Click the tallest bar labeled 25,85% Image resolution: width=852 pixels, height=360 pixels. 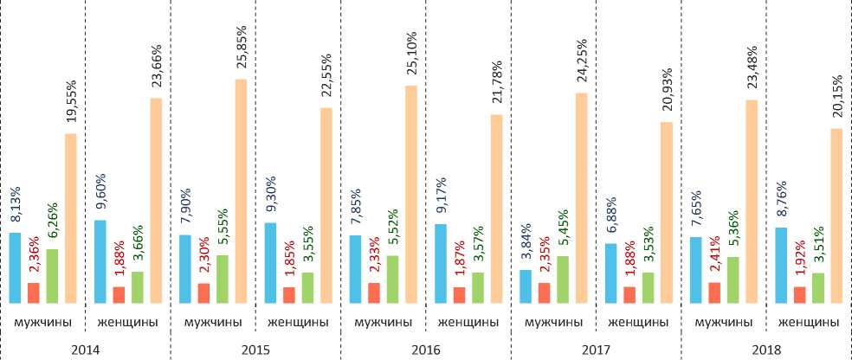[241, 191]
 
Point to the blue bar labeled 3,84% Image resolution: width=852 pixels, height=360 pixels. [526, 286]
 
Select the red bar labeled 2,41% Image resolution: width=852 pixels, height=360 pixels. [714, 292]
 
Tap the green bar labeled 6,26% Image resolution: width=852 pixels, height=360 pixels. [52, 276]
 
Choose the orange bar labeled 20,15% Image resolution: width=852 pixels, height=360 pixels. [836, 215]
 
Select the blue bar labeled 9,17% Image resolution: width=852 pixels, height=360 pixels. [441, 264]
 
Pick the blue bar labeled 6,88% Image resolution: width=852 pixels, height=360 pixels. [610, 273]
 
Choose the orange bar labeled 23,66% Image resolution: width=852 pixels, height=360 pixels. [156, 201]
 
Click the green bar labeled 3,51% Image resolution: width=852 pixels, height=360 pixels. [817, 288]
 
